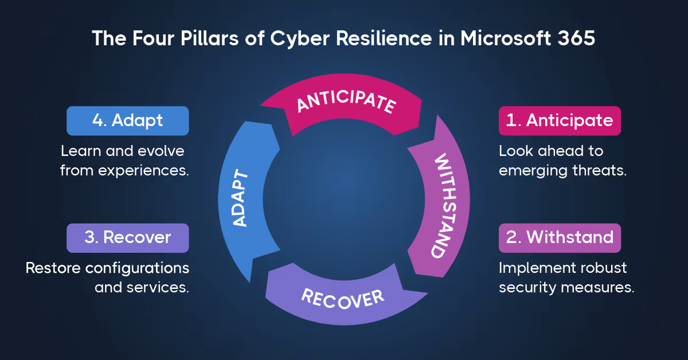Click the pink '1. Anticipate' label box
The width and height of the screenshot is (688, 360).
coord(560,120)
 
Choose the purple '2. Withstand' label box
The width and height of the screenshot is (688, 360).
coord(560,237)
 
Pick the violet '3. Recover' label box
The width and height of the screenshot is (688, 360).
coord(128,237)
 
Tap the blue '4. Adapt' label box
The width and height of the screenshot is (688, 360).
coord(128,120)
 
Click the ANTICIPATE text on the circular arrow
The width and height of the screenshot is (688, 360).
coord(345,104)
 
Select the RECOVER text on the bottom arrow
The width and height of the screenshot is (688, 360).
coord(343,298)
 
